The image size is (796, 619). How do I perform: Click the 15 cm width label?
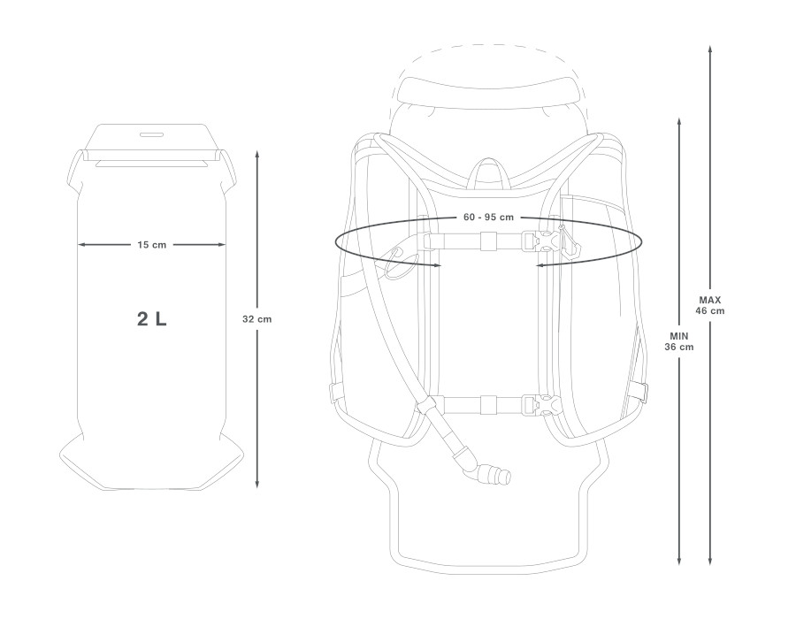tap(151, 245)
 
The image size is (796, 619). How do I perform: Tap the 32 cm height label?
tap(256, 319)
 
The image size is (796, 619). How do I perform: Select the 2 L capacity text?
tap(152, 319)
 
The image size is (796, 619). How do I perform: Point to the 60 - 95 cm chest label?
tap(488, 218)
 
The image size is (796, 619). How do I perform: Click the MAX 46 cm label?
tap(709, 305)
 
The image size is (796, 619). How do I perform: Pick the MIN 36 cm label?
tap(679, 341)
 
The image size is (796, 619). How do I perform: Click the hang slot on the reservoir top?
tap(152, 135)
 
